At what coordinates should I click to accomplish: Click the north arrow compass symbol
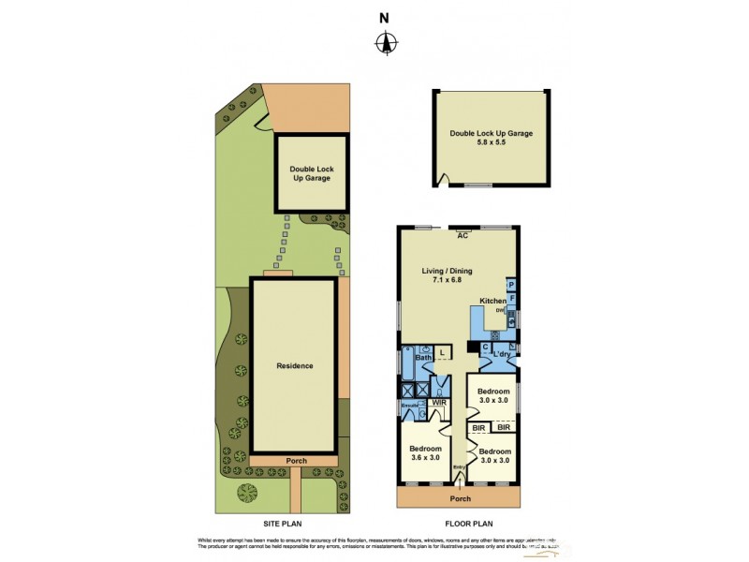coord(385,42)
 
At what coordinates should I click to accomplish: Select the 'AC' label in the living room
coord(462,235)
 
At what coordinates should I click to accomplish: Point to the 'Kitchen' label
coord(493,301)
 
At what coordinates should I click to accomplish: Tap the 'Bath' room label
coord(422,357)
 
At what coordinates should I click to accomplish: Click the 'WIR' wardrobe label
coord(439,403)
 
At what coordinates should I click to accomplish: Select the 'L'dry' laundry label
coord(503,354)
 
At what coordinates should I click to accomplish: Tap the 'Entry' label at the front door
coord(459,468)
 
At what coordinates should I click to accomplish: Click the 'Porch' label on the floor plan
coord(459,496)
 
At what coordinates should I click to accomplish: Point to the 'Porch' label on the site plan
coord(294,459)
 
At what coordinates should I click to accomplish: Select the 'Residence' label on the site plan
coord(294,365)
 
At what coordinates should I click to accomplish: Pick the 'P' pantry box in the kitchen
coord(511,284)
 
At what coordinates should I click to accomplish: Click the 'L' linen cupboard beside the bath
coord(443,352)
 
